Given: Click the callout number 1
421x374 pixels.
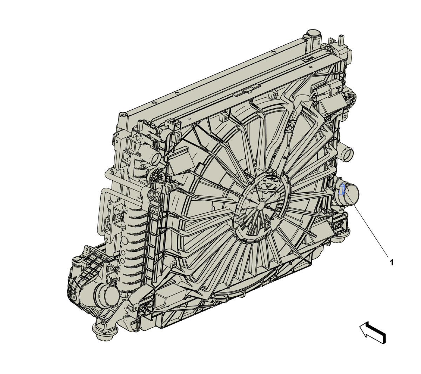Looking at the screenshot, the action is tap(392, 263).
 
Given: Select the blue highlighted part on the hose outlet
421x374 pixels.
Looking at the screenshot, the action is tap(342, 189).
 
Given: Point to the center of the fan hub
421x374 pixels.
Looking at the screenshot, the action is tap(261, 205).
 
